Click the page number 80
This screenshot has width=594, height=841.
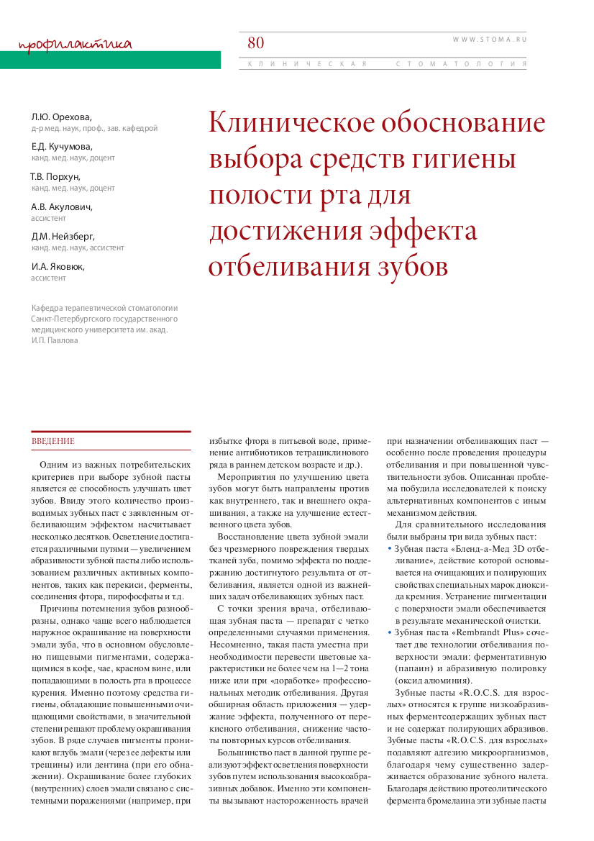[256, 42]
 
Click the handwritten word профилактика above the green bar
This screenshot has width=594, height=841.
[76, 45]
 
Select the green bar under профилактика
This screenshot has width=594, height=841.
[110, 60]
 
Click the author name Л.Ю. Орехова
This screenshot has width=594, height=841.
[61, 117]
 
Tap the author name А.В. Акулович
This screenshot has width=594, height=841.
[62, 206]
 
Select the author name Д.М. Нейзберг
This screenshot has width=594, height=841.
[63, 236]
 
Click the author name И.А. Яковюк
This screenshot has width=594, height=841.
[58, 266]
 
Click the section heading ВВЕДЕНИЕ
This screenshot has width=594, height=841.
[53, 440]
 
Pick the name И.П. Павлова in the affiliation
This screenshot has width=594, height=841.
[55, 340]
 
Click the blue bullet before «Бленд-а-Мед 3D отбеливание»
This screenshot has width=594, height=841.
[389, 548]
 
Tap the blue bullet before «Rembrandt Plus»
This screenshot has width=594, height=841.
[389, 632]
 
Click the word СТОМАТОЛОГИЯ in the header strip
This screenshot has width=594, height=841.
[461, 64]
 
